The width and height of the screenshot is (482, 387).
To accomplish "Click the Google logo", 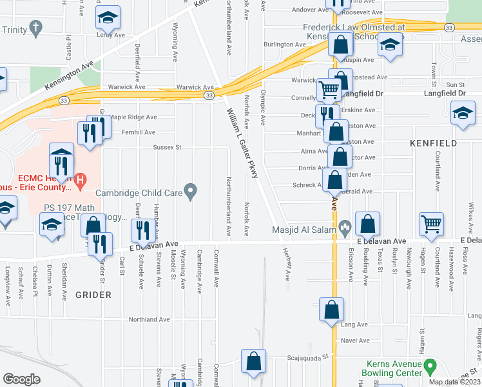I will tap(21, 379).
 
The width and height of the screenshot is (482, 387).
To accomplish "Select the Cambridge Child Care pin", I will tap(190, 191).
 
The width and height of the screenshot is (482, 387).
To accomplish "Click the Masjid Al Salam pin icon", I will tap(345, 226).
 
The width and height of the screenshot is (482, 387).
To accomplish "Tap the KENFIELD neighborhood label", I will tap(434, 143).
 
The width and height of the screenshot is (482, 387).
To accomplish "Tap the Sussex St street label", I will tap(168, 148).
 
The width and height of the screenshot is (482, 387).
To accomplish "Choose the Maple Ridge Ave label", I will tap(133, 117).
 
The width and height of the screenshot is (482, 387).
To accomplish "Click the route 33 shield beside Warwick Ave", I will tap(209, 95).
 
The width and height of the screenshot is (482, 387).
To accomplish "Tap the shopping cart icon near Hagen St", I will tap(432, 223).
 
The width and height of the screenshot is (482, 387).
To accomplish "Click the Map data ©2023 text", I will tap(455, 382).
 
